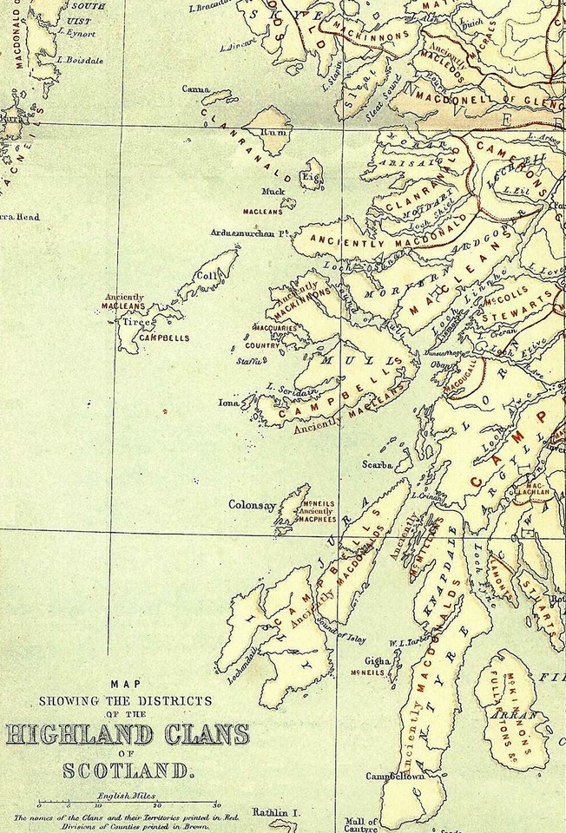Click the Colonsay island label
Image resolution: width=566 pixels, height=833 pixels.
tap(251, 504)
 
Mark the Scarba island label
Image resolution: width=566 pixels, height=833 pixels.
tap(378, 465)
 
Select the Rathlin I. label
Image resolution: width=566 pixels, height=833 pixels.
tap(275, 812)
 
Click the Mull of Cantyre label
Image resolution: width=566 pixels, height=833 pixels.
tap(361, 824)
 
